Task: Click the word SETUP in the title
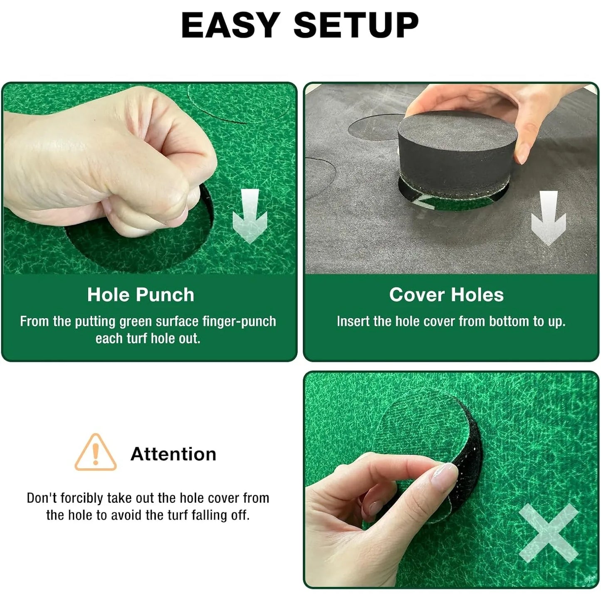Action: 356,25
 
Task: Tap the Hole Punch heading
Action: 141,295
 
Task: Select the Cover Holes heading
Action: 446,295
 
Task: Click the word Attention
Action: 173,454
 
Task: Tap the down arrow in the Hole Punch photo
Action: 250,216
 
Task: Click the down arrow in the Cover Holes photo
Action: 549,218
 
